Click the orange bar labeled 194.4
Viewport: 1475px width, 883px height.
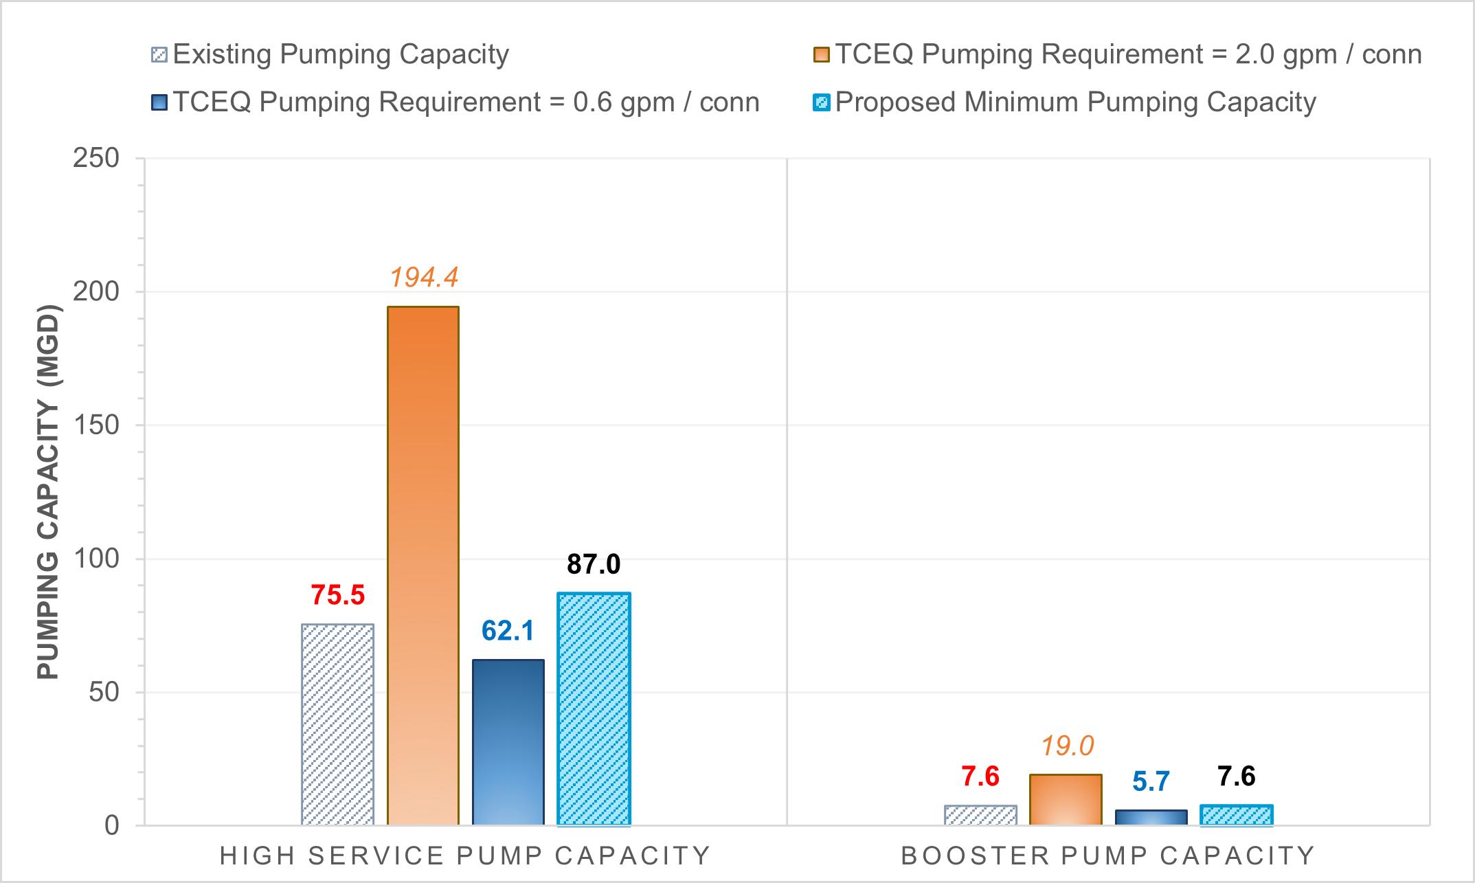pyautogui.click(x=423, y=566)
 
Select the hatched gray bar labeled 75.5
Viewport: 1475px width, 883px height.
pyautogui.click(x=338, y=724)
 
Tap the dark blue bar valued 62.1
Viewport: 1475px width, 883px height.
pyautogui.click(x=508, y=742)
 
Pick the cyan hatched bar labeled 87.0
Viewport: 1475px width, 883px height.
pyautogui.click(x=594, y=709)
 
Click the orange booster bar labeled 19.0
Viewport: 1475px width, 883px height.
pyautogui.click(x=1066, y=800)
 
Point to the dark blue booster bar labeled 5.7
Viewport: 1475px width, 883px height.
pyautogui.click(x=1151, y=818)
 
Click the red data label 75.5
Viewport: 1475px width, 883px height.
pyautogui.click(x=337, y=595)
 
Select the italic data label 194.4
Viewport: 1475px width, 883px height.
pyautogui.click(x=423, y=277)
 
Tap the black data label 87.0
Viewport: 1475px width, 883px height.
pyautogui.click(x=594, y=564)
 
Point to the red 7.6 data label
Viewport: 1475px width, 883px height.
pyautogui.click(x=980, y=776)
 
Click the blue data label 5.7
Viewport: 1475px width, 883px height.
pyautogui.click(x=1151, y=782)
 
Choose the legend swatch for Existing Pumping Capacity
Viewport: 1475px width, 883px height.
pyautogui.click(x=159, y=55)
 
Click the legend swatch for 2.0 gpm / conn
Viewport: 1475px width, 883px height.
pyautogui.click(x=822, y=55)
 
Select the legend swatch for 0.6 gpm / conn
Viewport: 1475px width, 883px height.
pyautogui.click(x=159, y=103)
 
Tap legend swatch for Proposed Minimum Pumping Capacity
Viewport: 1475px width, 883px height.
pyautogui.click(x=822, y=103)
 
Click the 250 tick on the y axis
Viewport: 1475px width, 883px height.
pyautogui.click(x=95, y=158)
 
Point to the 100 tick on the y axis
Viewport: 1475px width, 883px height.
pyautogui.click(x=95, y=559)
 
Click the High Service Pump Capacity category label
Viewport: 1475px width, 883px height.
pyautogui.click(x=465, y=856)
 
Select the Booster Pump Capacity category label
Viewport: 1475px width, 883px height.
pyautogui.click(x=1108, y=856)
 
